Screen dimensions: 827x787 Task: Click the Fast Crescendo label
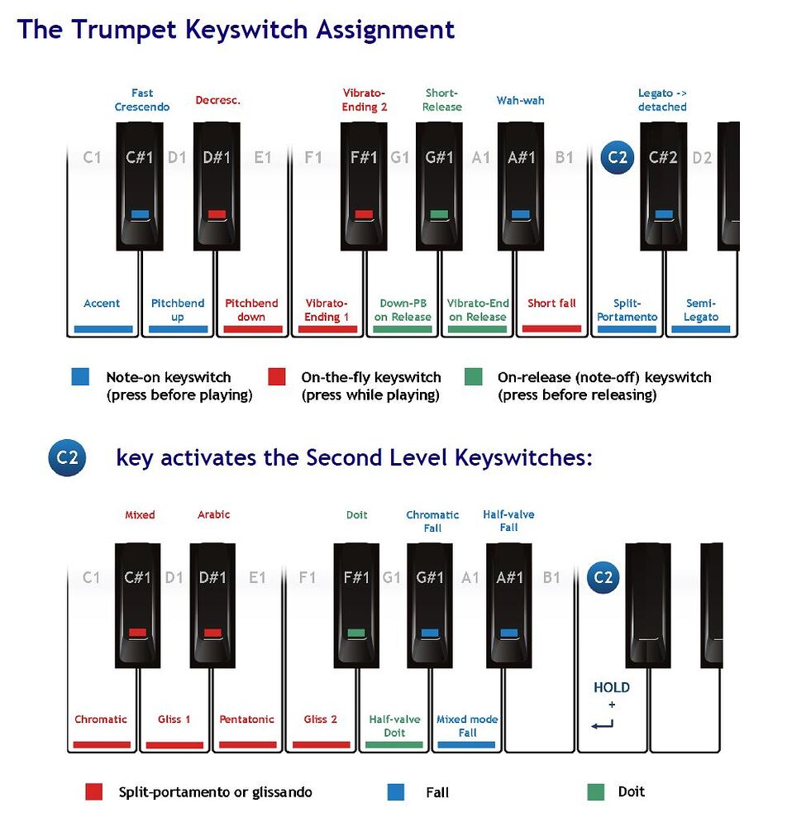click(x=142, y=100)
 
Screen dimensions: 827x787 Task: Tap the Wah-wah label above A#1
click(x=520, y=101)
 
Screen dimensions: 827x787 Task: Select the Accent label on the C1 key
click(x=102, y=304)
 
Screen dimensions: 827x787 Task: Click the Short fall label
click(x=551, y=304)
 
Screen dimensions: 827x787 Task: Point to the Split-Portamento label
click(x=627, y=310)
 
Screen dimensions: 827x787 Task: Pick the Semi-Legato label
click(x=701, y=310)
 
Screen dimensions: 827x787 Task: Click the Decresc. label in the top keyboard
click(x=217, y=101)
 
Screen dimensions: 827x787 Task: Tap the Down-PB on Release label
click(x=403, y=310)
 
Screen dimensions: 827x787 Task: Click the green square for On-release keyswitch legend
click(x=474, y=377)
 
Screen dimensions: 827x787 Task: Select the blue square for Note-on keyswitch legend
click(x=80, y=377)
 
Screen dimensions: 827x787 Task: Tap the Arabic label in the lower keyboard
click(x=213, y=514)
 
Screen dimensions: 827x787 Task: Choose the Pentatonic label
click(x=246, y=719)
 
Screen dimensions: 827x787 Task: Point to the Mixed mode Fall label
click(x=467, y=726)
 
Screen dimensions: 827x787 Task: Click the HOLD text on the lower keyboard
click(x=612, y=688)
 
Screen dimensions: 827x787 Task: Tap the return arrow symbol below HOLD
click(x=603, y=725)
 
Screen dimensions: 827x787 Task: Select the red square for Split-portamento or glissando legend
click(x=94, y=792)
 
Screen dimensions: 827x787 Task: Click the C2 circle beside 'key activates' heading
click(x=67, y=457)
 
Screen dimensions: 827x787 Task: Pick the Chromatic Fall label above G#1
click(x=432, y=521)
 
